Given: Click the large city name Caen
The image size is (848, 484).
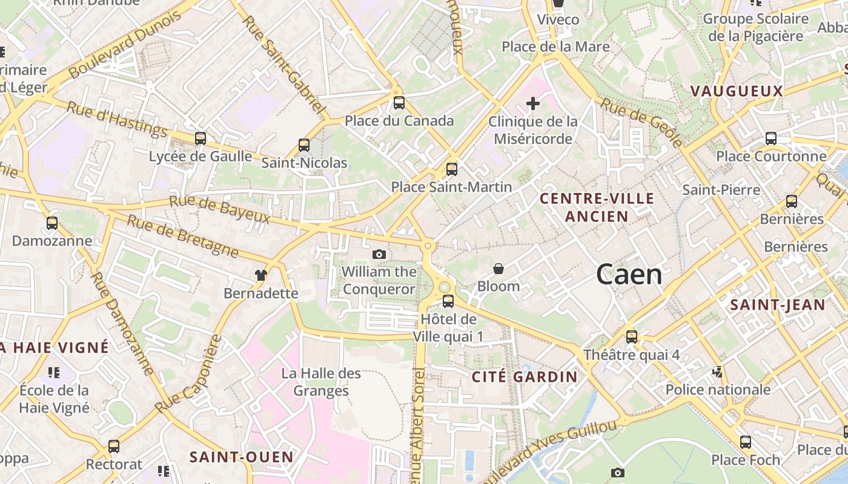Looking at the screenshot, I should point(629,275).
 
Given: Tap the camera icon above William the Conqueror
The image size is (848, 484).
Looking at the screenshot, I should point(379,255).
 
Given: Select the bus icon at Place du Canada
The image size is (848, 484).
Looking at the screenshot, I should point(399,103).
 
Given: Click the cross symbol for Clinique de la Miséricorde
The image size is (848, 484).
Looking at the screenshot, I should point(533,104).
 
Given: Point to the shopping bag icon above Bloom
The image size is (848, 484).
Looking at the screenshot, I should point(499,269).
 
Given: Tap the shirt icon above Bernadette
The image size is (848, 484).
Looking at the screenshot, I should point(261,276).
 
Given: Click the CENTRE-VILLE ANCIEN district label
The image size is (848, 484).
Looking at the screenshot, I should point(597,207).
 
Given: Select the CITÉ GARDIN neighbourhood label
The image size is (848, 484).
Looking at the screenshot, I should point(525,377).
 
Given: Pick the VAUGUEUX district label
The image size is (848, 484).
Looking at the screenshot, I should point(737,91).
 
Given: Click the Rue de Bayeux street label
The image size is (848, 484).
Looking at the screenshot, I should point(219,209).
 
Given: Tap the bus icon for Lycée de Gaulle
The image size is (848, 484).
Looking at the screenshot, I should point(200,139).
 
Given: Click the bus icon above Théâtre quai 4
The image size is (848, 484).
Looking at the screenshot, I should point(632,337).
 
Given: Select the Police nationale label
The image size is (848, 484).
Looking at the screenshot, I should point(718,389).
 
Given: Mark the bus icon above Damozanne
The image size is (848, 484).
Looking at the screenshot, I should point(52,223).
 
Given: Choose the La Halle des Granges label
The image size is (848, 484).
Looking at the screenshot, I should point(321,382).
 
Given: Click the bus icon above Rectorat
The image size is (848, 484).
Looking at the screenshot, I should point(114,446).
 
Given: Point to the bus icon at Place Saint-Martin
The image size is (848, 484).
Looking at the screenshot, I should point(452,169).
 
